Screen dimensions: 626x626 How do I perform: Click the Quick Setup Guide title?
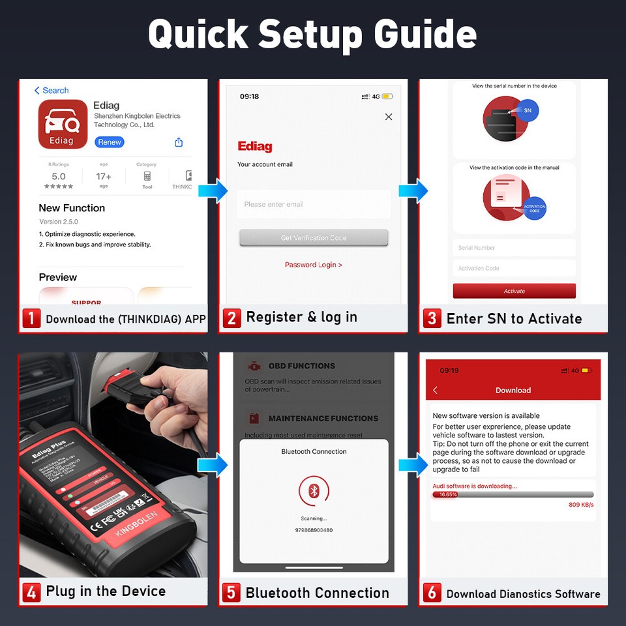pos(312,34)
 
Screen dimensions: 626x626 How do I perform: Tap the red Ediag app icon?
pos(63,124)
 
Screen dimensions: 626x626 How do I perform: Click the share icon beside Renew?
pos(179,142)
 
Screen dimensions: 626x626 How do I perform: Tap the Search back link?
pos(52,91)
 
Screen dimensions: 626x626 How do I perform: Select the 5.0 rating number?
pos(59,177)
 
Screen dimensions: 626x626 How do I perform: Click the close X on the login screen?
pos(389,117)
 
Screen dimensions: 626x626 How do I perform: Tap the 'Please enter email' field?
pos(314,204)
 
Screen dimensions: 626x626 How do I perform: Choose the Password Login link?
pos(314,265)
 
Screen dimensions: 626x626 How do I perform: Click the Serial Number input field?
pos(514,248)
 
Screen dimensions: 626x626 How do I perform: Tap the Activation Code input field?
pos(514,268)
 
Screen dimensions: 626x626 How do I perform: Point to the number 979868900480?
pos(314,530)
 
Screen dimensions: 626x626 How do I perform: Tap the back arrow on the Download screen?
pos(436,390)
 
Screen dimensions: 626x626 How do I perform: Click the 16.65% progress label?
pos(448,495)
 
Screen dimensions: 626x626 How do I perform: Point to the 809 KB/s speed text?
pos(581,505)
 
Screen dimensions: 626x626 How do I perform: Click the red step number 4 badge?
pos(31,592)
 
